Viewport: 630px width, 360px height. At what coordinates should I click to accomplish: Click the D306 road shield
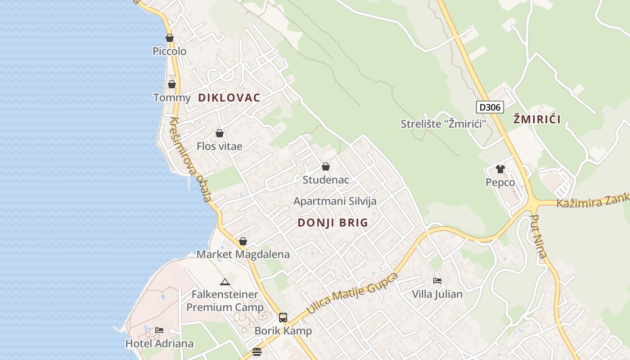(490, 107)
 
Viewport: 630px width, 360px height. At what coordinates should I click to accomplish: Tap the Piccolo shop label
(169, 51)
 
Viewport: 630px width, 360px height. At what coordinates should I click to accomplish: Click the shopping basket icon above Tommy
(171, 84)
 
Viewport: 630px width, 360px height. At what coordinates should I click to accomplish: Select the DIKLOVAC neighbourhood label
(229, 98)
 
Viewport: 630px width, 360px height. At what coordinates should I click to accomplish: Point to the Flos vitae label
(220, 146)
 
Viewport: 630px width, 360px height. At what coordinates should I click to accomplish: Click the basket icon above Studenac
(326, 167)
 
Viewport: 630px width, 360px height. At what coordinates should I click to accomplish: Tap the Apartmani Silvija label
(335, 201)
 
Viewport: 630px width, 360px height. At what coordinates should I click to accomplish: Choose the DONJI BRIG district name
(333, 222)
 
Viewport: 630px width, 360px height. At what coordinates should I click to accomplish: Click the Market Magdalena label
(243, 254)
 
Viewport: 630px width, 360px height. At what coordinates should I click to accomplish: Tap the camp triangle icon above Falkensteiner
(225, 282)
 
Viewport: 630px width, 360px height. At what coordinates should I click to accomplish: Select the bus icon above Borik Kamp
(283, 318)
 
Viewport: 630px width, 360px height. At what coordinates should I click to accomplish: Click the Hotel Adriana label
(159, 344)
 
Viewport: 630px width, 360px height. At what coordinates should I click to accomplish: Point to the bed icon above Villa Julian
(437, 281)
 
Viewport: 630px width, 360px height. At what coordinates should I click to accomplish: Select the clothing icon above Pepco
(500, 170)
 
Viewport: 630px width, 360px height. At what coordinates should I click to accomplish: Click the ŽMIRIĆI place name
(537, 120)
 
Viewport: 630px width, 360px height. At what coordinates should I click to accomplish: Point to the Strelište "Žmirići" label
(444, 124)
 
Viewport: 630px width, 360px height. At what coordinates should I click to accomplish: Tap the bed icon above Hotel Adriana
(159, 330)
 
